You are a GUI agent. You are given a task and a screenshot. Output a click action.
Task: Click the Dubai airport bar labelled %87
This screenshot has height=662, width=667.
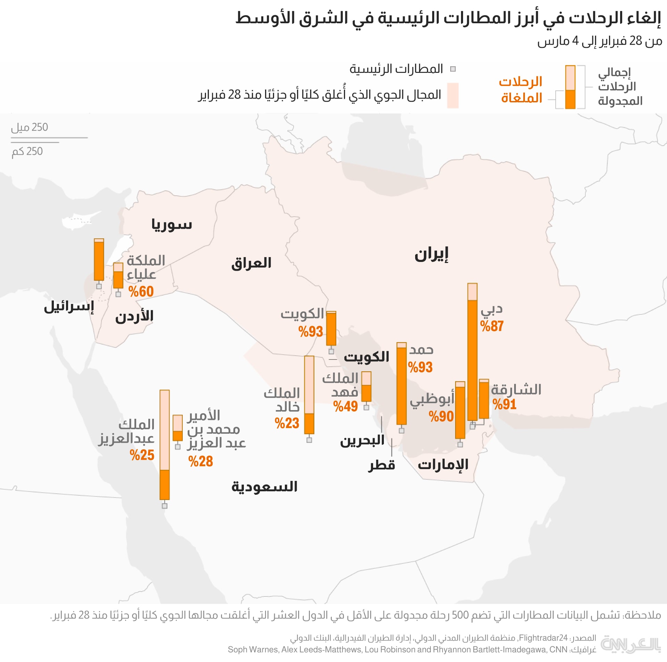point(472,352)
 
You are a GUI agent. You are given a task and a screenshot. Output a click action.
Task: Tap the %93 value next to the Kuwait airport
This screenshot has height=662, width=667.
point(311,332)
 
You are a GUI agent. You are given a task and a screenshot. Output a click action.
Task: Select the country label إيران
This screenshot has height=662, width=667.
point(431,255)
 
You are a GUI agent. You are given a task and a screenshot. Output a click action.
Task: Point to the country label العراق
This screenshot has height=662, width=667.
point(251,263)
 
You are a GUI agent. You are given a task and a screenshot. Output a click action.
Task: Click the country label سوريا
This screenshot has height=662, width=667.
point(172,224)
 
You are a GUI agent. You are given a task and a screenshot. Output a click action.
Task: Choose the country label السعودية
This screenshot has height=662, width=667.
point(264,486)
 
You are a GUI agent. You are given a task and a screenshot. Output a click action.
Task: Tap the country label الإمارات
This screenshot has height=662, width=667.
point(443,464)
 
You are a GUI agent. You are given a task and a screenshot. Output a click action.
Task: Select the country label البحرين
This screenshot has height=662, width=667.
point(362,441)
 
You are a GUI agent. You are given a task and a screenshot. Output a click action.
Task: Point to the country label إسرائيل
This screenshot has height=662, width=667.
point(69,307)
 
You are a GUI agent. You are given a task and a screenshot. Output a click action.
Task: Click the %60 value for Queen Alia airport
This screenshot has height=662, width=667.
point(141,291)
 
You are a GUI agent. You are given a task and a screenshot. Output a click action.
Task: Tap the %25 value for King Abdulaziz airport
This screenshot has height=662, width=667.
point(142,455)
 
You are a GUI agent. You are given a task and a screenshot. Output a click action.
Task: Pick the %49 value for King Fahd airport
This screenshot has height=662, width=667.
point(345,406)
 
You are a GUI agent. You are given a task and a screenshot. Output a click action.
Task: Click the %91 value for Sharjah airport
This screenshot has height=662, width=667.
point(504,405)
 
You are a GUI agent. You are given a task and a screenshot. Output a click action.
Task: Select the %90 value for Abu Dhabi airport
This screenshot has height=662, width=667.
point(441,416)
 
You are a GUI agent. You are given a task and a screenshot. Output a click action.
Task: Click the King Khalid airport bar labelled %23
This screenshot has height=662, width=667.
point(309,395)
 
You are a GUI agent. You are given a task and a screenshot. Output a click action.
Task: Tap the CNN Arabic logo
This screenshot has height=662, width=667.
point(630,644)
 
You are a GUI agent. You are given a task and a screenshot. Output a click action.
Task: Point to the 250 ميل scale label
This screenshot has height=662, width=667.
point(30,127)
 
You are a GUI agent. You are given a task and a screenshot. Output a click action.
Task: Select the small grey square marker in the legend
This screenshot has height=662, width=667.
point(453,69)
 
